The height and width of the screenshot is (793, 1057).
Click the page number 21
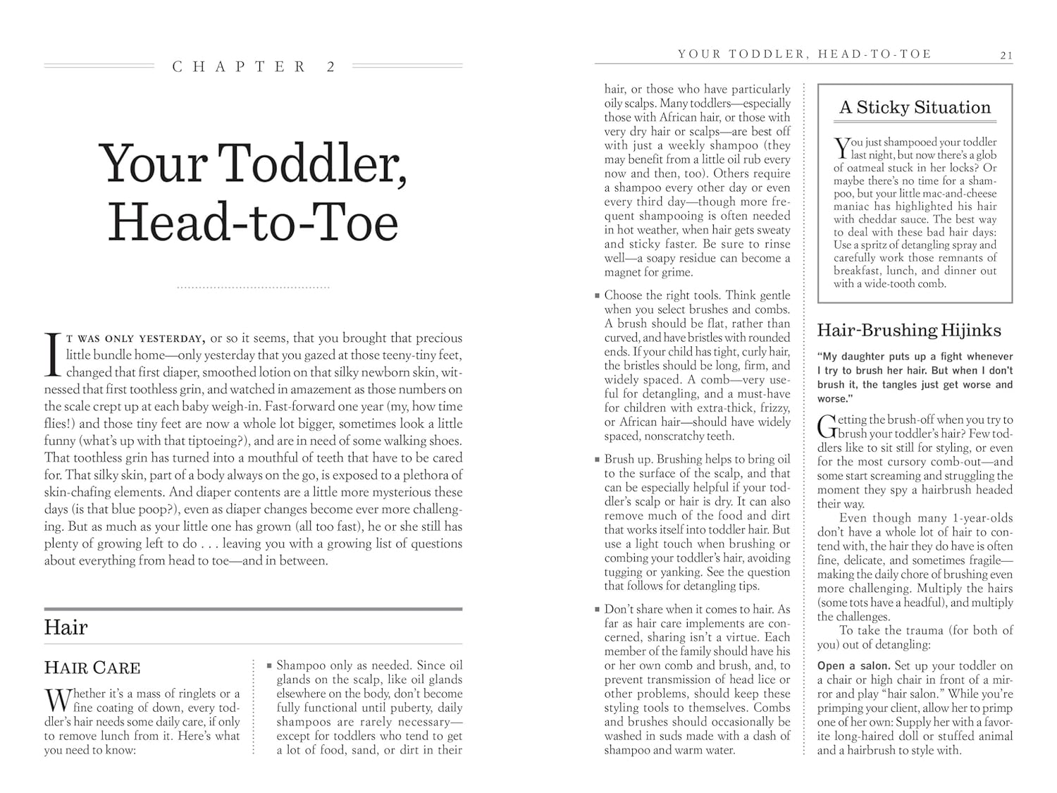click(x=1006, y=56)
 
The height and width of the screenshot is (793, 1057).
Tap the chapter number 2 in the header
click(x=331, y=67)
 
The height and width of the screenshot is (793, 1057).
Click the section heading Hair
click(x=66, y=627)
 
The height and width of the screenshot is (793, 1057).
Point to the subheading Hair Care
click(x=92, y=668)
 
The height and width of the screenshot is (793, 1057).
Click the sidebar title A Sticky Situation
click(x=915, y=108)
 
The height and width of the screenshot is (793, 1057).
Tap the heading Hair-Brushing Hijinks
click(x=909, y=330)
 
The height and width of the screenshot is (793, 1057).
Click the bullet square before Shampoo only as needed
click(x=269, y=665)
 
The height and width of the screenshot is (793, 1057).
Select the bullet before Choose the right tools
click(x=598, y=295)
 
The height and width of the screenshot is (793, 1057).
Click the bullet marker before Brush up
click(x=598, y=459)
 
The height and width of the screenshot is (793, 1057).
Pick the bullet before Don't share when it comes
click(x=598, y=609)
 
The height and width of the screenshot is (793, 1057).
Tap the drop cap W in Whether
click(x=56, y=699)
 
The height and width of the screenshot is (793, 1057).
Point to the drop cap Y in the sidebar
click(x=841, y=147)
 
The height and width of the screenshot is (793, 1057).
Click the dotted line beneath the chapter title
click(x=253, y=288)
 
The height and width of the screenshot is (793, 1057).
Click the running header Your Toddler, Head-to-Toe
click(x=805, y=54)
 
